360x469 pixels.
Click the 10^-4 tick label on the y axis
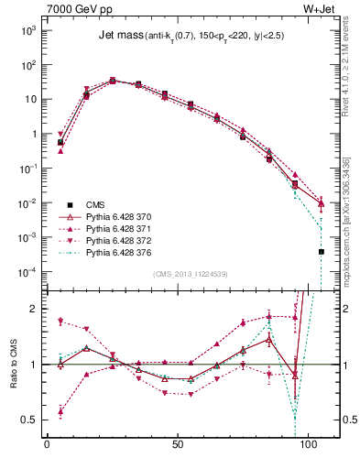(x=27, y=272)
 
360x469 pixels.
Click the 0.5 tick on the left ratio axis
(x=29, y=420)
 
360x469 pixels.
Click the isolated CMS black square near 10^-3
(x=322, y=251)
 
